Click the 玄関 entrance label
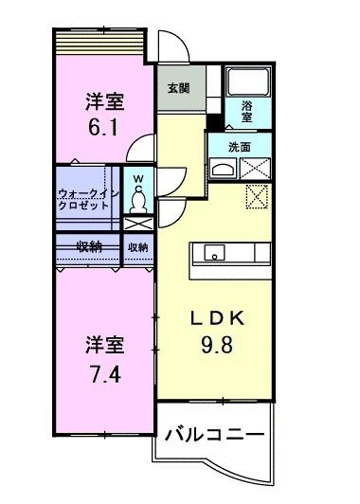(x=177, y=88)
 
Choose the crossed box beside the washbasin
(x=257, y=169)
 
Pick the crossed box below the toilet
(x=138, y=225)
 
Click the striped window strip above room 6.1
(x=97, y=43)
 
